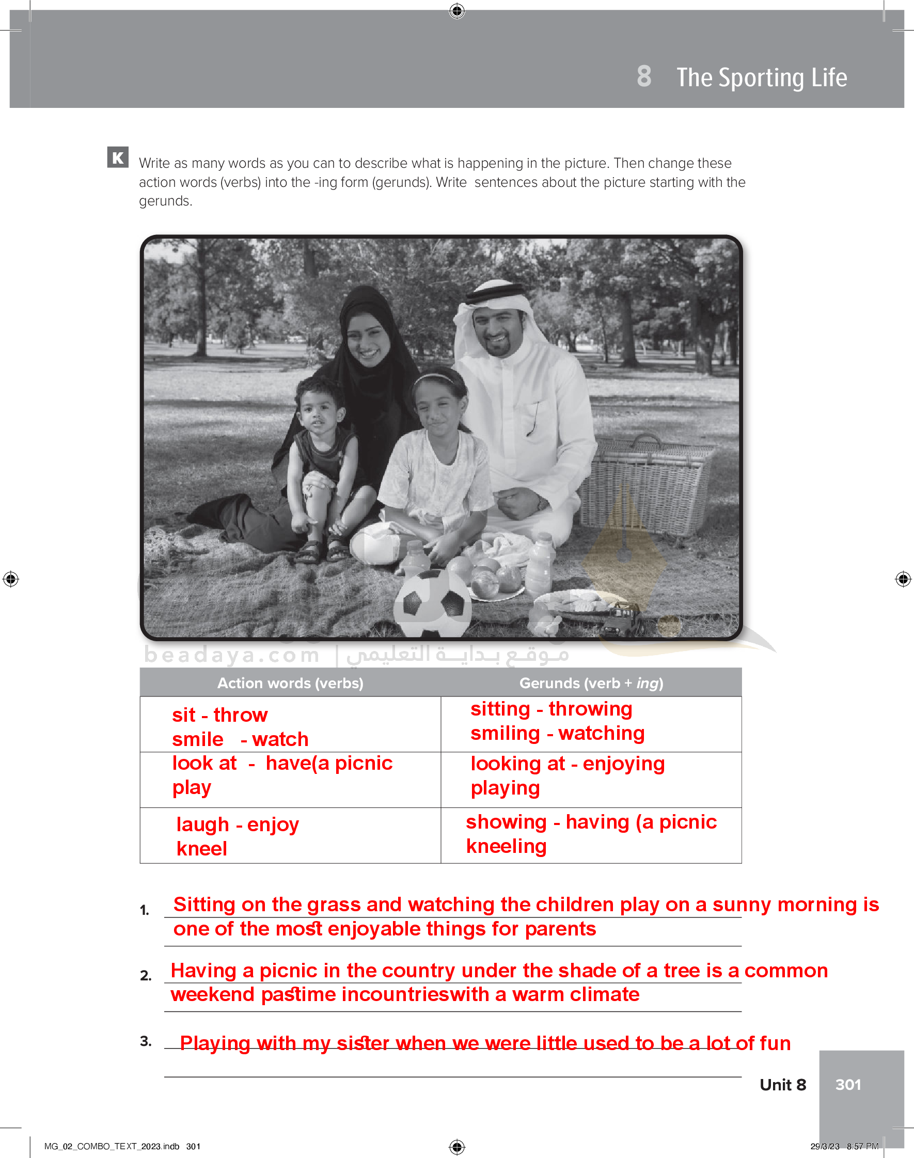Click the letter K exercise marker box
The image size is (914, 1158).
[118, 157]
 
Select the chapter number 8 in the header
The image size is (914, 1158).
[644, 76]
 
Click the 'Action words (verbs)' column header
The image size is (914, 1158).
[290, 683]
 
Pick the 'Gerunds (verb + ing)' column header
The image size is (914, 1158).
[591, 683]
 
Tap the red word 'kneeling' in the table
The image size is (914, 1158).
[506, 846]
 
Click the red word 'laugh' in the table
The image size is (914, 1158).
[202, 824]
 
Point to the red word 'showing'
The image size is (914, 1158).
[506, 821]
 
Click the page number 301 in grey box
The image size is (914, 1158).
[848, 1084]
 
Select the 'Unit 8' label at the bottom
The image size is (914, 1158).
[782, 1084]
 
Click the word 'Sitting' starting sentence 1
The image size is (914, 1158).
[204, 905]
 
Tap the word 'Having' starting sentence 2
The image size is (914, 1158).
[203, 970]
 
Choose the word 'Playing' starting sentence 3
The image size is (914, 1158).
[215, 1043]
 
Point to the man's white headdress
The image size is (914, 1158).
[490, 305]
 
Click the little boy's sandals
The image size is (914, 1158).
[321, 551]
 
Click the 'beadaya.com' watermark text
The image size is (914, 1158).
[231, 655]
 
